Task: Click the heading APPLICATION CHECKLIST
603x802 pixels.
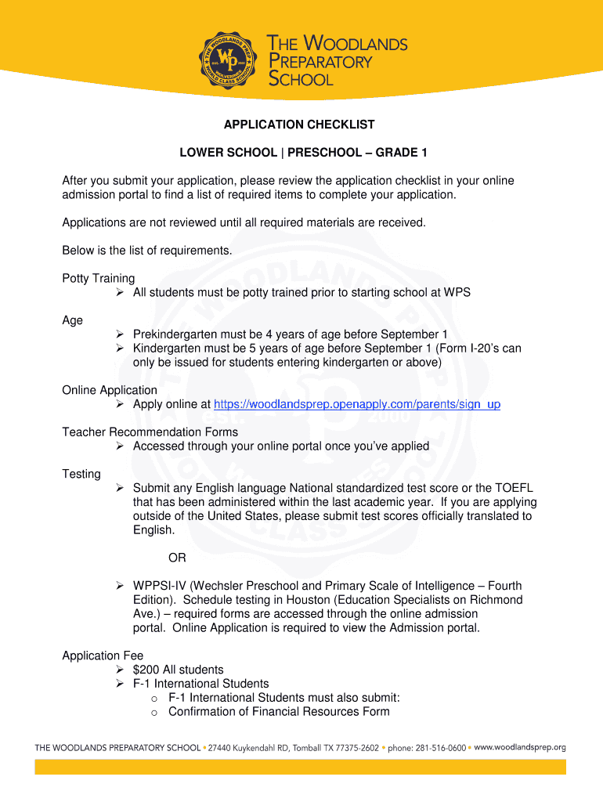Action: tap(299, 125)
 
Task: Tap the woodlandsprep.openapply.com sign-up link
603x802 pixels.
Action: tap(356, 404)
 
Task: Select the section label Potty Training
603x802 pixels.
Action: tap(99, 278)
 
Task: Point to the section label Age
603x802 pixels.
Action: tap(72, 320)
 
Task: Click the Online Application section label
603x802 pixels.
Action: tap(110, 390)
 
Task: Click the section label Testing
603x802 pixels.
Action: tap(81, 474)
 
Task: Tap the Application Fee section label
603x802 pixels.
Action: tap(103, 656)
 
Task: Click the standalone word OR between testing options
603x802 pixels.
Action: tap(177, 558)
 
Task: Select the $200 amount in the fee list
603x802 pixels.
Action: tap(146, 670)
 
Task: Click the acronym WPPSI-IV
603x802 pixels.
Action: tap(159, 586)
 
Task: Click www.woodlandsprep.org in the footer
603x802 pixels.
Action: tap(519, 748)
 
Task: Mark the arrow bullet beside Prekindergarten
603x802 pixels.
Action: tap(121, 334)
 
